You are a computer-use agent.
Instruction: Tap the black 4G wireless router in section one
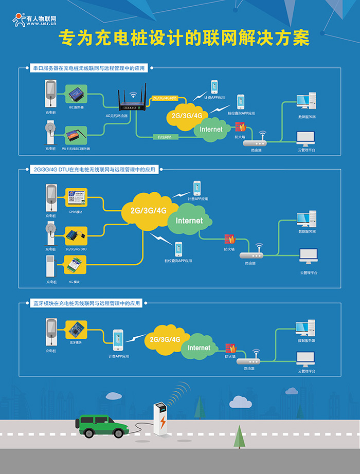click(x=132, y=102)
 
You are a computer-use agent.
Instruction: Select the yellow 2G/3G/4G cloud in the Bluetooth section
click(x=165, y=340)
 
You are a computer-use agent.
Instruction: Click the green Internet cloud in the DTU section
click(x=189, y=221)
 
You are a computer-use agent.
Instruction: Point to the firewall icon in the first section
click(x=240, y=127)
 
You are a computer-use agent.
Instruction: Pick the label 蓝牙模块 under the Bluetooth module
click(x=76, y=342)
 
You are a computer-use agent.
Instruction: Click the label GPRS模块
click(x=76, y=212)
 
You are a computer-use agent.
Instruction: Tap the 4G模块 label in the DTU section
click(x=74, y=281)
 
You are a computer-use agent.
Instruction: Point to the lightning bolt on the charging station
click(x=163, y=423)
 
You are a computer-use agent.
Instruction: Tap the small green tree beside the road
click(x=239, y=437)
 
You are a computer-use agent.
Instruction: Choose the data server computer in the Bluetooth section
click(x=305, y=327)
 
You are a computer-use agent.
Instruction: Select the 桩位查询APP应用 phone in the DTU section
click(x=178, y=249)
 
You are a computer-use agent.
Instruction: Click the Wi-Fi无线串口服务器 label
click(x=76, y=148)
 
